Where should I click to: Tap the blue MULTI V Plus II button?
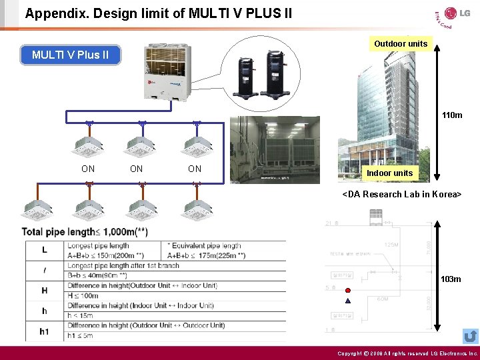point(71,55)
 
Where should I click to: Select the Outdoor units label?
point(401,44)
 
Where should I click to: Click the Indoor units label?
point(389,173)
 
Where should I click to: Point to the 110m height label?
point(451,115)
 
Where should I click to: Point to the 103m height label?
point(451,279)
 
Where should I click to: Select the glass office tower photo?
point(384,113)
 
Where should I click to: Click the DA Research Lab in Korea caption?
point(402,194)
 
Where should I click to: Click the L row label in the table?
point(45,249)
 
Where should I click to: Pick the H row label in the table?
point(45,291)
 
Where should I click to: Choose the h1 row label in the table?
point(45,331)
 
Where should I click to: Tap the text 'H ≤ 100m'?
point(83,295)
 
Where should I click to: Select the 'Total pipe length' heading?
point(85,231)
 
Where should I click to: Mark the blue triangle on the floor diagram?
point(348,301)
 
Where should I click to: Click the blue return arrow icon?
point(470,336)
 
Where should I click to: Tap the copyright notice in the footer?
point(407,353)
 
